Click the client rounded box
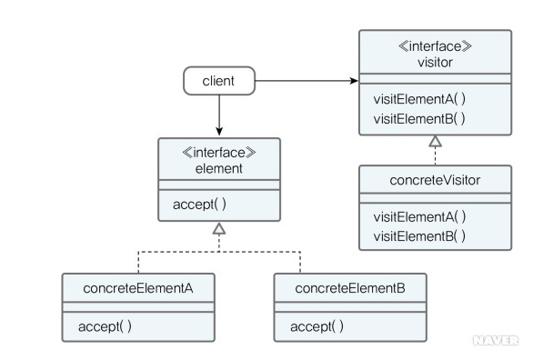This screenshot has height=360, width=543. tap(218, 81)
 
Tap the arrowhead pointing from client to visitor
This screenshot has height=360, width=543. tap(353, 81)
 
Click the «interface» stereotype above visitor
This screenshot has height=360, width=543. tap(435, 45)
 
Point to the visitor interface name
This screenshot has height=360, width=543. tap(435, 62)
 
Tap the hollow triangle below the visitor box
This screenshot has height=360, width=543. tap(435, 141)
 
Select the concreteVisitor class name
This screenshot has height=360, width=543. tap(435, 180)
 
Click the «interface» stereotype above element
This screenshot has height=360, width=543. tap(218, 153)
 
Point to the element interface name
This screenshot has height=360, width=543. tap(218, 169)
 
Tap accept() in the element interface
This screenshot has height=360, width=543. tap(199, 205)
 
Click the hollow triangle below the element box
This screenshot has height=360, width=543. tap(218, 231)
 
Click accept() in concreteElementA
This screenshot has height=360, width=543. tap(105, 325)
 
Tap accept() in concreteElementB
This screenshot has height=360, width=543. tap(317, 325)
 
